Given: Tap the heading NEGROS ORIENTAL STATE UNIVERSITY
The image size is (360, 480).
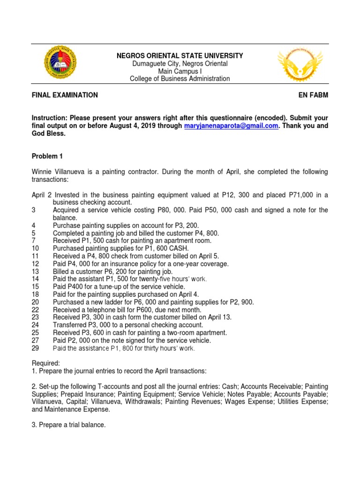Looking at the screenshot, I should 180,56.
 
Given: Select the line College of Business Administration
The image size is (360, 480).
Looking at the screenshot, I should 180,79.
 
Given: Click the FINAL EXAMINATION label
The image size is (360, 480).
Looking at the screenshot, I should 65,95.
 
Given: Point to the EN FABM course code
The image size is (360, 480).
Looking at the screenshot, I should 313,95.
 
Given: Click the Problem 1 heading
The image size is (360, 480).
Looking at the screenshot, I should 47,156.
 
